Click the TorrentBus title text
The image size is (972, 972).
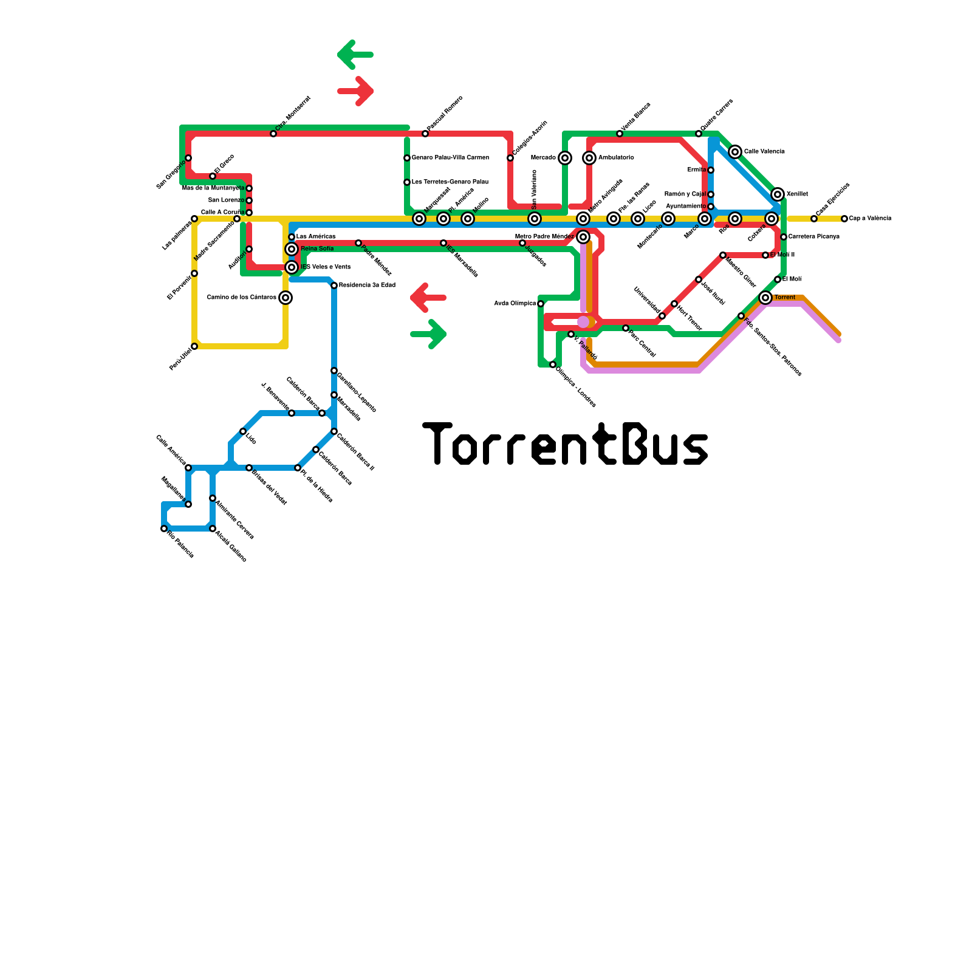click(x=565, y=443)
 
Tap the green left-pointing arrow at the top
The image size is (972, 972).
click(x=355, y=55)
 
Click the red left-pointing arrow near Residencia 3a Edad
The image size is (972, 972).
click(x=428, y=298)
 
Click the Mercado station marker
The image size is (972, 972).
click(x=565, y=158)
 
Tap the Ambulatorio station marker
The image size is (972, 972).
click(x=589, y=158)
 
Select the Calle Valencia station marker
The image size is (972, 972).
click(x=735, y=152)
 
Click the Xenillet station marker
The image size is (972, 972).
click(x=778, y=194)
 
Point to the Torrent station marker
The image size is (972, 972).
click(x=765, y=298)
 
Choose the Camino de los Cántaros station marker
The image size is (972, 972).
click(x=286, y=298)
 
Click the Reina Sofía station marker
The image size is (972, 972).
click(x=292, y=249)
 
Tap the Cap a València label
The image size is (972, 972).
click(x=870, y=218)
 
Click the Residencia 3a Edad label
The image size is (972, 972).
click(x=367, y=285)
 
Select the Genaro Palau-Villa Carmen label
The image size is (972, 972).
click(x=450, y=157)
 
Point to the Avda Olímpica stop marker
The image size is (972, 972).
click(x=541, y=304)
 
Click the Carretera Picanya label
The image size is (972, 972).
click(x=813, y=236)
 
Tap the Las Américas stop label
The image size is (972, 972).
click(x=316, y=236)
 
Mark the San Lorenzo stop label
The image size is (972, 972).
click(x=226, y=200)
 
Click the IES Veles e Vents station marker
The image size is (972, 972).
click(x=292, y=267)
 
